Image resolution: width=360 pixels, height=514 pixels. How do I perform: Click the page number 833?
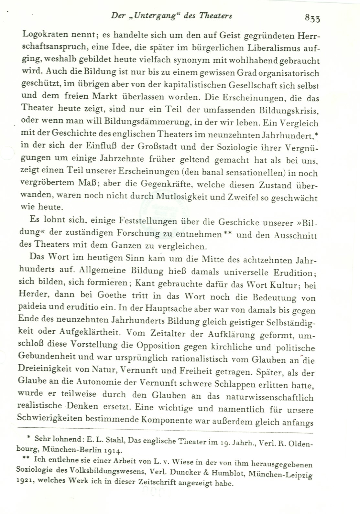(x=312, y=18)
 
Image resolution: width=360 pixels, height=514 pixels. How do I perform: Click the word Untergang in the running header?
(x=151, y=16)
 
